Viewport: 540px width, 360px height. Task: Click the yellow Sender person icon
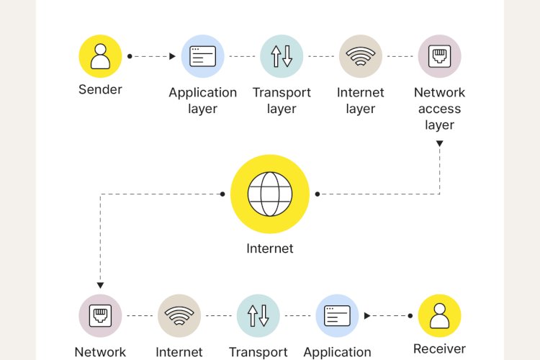tap(100, 56)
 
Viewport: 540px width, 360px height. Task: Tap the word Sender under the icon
tap(100, 90)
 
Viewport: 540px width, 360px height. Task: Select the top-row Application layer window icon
tap(202, 56)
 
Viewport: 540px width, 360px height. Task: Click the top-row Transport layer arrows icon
tap(282, 56)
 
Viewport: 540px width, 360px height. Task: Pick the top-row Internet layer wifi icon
tap(361, 56)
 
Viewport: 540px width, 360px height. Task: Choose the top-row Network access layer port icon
tap(439, 56)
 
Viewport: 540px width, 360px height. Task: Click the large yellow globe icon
tap(270, 194)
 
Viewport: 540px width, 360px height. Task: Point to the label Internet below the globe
tap(270, 248)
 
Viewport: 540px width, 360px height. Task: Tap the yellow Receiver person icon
tap(439, 315)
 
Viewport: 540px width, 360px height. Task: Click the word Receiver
tap(439, 348)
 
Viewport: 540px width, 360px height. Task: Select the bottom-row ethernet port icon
tap(100, 315)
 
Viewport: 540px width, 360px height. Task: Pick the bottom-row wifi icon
tap(179, 315)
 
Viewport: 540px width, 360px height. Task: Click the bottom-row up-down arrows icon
tap(258, 315)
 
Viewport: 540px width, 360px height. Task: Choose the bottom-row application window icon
tap(337, 315)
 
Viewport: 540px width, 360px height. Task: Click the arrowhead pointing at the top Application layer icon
tap(172, 56)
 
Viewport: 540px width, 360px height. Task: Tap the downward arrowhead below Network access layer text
tap(439, 144)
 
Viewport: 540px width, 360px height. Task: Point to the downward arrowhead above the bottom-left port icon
tap(100, 285)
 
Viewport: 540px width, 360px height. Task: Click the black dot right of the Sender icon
tap(130, 56)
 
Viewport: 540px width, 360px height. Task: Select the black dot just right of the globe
tap(318, 194)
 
